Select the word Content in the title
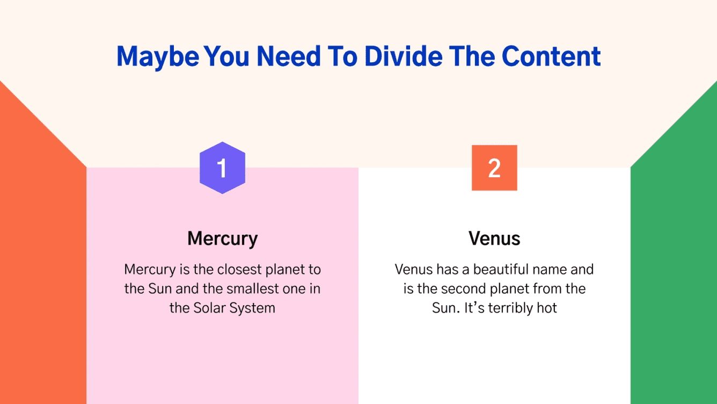(551, 56)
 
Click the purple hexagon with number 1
(222, 168)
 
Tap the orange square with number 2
(494, 168)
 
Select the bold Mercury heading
(222, 238)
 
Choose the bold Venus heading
(494, 238)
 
